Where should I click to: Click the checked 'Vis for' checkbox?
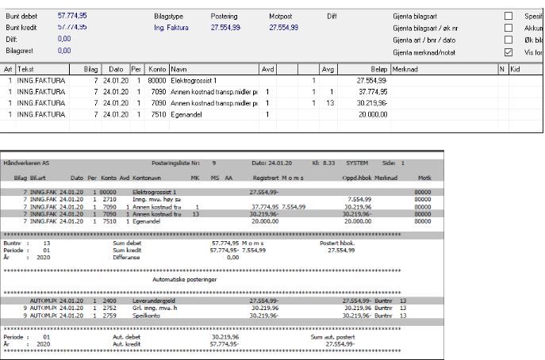pyautogui.click(x=509, y=52)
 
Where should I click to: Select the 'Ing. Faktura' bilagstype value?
pyautogui.click(x=170, y=28)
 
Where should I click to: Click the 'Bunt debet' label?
pyautogui.click(x=21, y=16)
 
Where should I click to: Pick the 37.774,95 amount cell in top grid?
pyautogui.click(x=370, y=92)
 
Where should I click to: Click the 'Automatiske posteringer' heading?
pyautogui.click(x=183, y=279)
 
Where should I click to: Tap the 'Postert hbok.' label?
pyautogui.click(x=336, y=243)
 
